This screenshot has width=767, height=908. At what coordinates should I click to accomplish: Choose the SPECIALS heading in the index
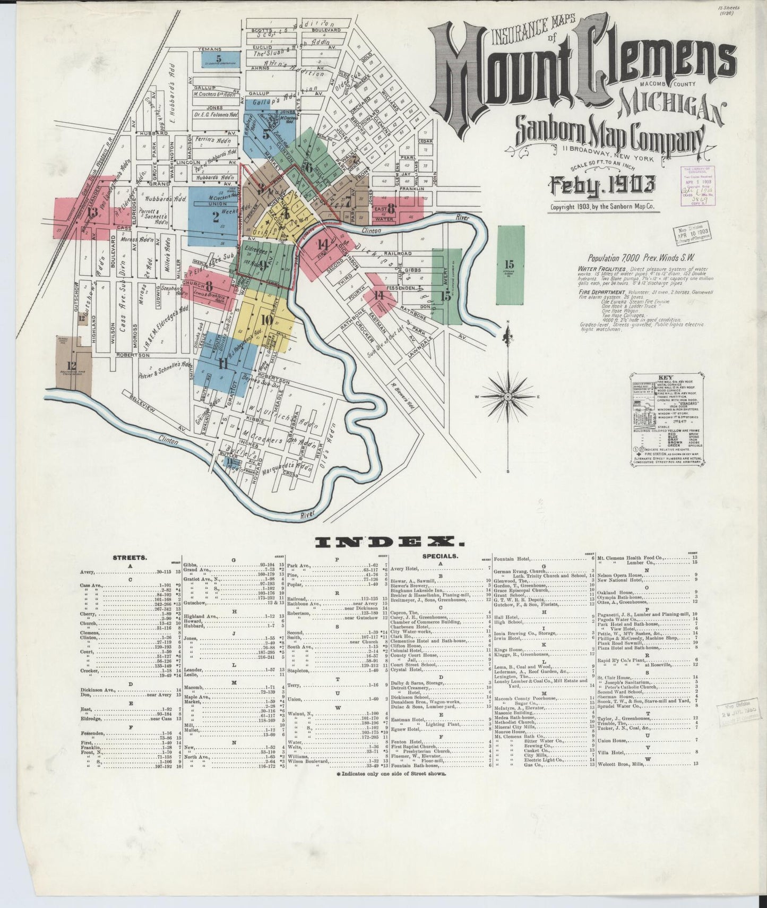pyautogui.click(x=440, y=556)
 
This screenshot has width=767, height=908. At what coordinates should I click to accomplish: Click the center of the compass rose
pyautogui.click(x=508, y=397)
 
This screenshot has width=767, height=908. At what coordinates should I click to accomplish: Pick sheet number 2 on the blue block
pyautogui.click(x=216, y=217)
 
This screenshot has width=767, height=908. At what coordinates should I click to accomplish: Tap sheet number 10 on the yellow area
pyautogui.click(x=266, y=320)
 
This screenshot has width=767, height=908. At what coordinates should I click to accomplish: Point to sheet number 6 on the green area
pyautogui.click(x=308, y=166)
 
